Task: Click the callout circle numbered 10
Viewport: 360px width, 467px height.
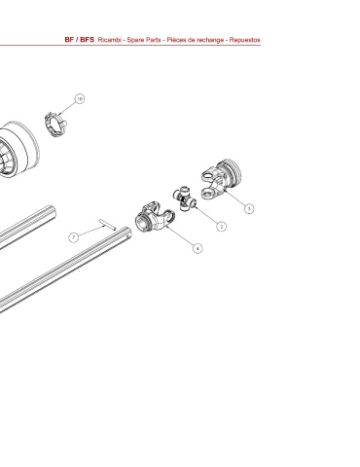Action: coord(80,98)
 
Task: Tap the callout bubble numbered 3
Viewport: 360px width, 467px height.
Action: coord(249,208)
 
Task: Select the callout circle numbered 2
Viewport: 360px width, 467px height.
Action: coord(221,226)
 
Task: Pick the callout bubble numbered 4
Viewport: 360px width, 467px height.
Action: coord(198,248)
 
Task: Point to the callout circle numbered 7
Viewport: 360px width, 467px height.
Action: coord(74,237)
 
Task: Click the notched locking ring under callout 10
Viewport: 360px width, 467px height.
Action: coord(54,125)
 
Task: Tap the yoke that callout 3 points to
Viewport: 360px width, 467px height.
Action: coord(221,179)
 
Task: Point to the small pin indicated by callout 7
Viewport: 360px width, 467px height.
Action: coord(107,225)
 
